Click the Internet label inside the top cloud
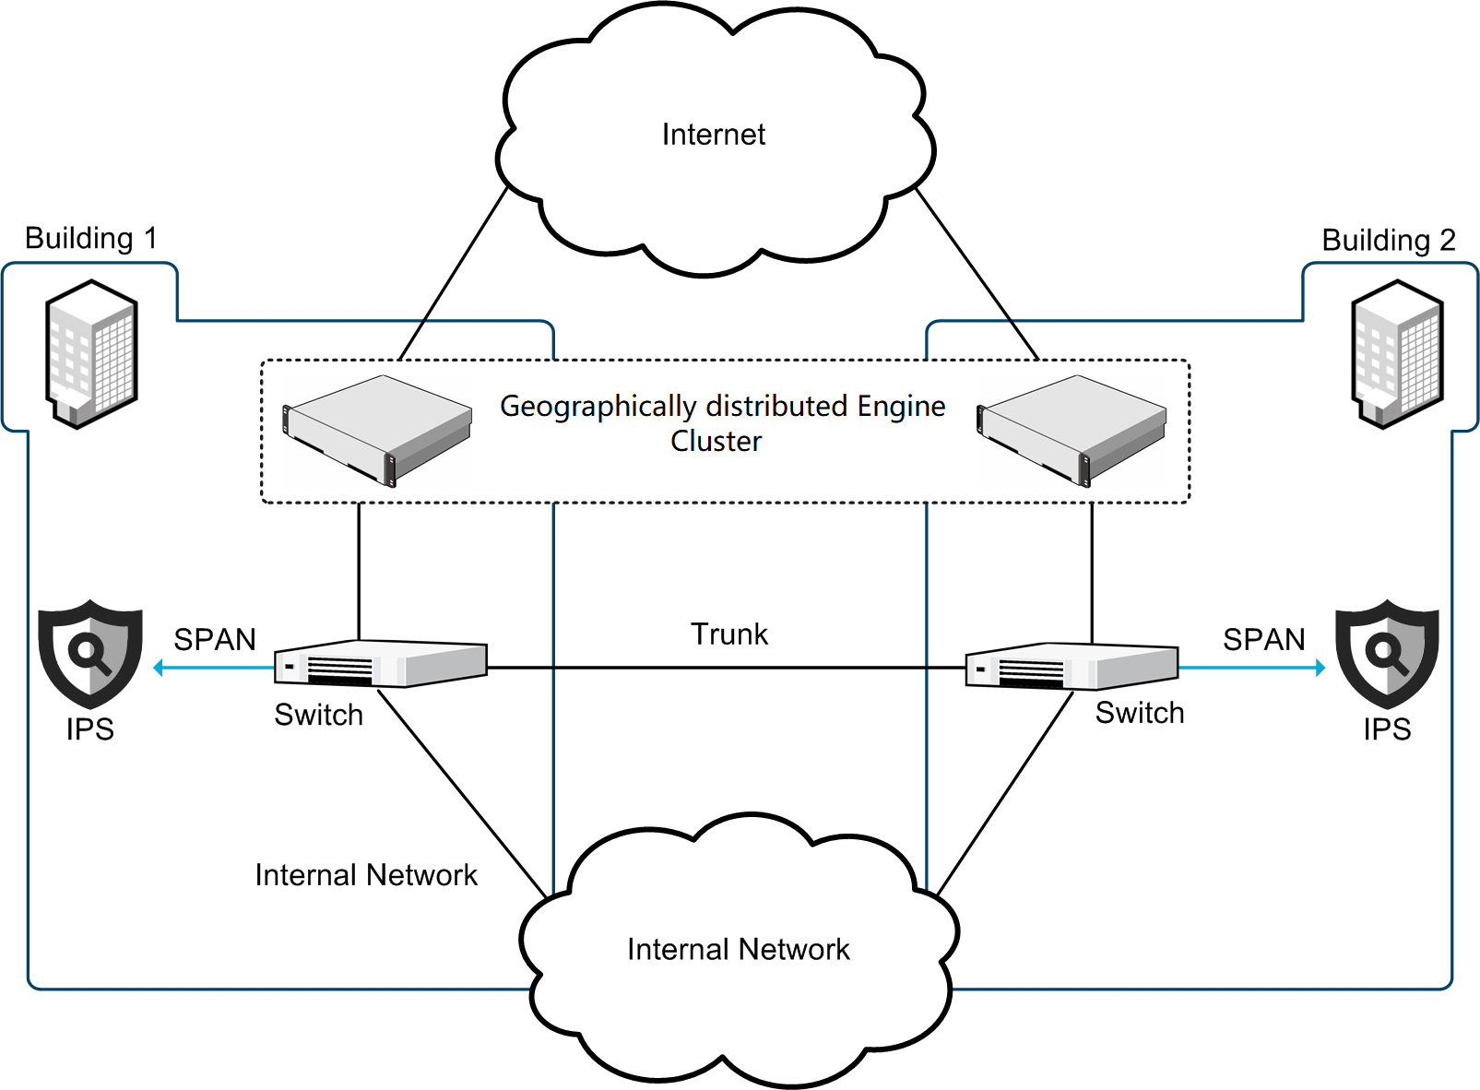pos(714,135)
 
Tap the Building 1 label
pos(90,238)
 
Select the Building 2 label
pos(1388,240)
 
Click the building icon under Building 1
pos(91,354)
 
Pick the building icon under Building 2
pos(1397,354)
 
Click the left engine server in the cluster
pos(377,429)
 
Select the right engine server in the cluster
pos(1072,429)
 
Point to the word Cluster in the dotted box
pos(716,441)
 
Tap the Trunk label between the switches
pos(729,634)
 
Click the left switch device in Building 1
pos(380,664)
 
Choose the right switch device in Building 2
pos(1072,666)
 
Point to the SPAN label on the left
pos(215,639)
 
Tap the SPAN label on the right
pos(1263,639)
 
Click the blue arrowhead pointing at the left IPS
pos(159,668)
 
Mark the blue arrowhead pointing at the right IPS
pos(1320,668)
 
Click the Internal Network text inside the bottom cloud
pos(738,949)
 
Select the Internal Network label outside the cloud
pos(366,874)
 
